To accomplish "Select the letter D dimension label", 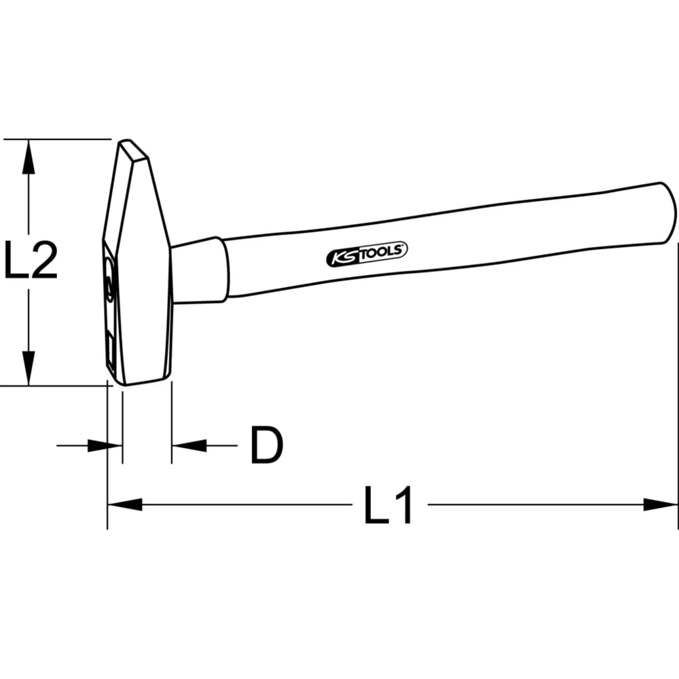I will (x=265, y=446).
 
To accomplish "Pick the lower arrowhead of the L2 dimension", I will (x=28, y=370).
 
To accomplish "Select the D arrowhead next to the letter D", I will (x=189, y=445).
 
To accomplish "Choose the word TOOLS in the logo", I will (x=383, y=252).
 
